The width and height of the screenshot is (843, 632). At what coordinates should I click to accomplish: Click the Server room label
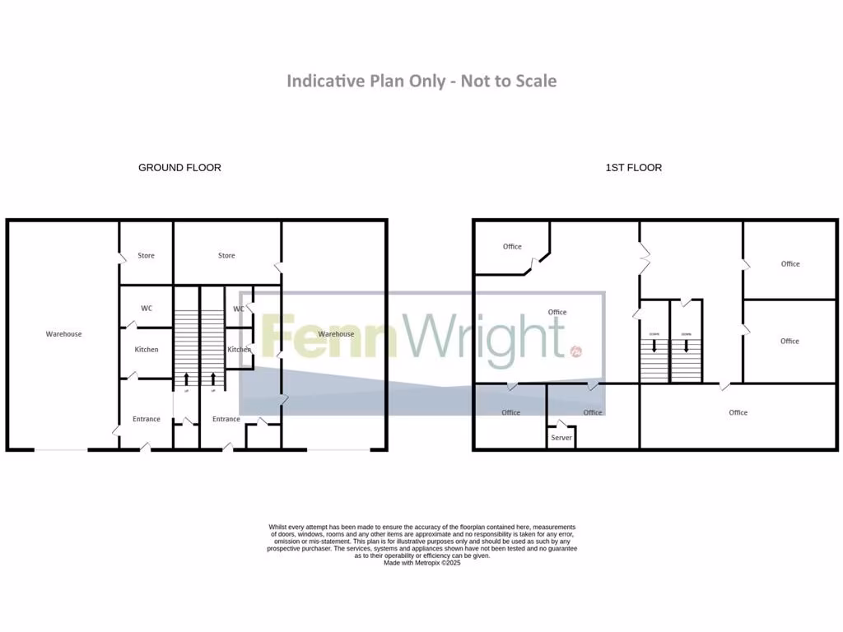coord(561,438)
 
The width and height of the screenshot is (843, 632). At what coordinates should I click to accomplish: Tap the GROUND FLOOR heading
coord(179,168)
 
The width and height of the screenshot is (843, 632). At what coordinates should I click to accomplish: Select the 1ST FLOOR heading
coord(634,168)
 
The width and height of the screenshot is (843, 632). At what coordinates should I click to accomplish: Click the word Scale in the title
coord(536,81)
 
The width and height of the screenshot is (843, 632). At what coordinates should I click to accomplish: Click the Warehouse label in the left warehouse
coord(63,334)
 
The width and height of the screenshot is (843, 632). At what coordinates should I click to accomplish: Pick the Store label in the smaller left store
coord(146,256)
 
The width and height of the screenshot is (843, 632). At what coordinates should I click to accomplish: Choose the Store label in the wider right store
coord(226,256)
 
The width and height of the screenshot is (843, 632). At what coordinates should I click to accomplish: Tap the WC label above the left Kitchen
coord(147,309)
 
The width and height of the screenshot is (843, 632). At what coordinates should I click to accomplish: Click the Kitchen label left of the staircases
coord(147,350)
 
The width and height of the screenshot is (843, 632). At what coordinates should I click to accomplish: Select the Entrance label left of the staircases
coord(147,420)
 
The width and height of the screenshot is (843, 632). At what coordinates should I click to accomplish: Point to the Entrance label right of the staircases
coord(226,420)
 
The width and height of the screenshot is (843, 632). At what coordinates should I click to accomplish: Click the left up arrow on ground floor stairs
coord(186,379)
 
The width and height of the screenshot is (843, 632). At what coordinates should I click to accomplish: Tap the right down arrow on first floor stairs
coord(685,346)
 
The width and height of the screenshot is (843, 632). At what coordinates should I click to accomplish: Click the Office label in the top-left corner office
coord(512,247)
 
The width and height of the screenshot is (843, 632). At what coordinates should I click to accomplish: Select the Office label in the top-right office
coord(790,264)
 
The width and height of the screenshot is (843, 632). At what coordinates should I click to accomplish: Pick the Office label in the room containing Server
coord(593,412)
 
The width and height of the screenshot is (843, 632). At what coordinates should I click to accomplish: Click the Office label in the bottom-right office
coord(738,412)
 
